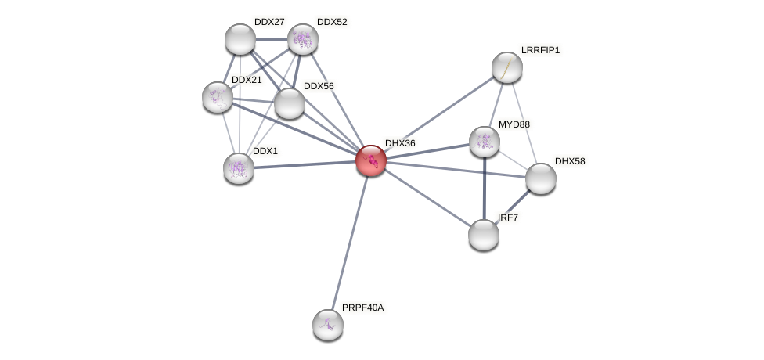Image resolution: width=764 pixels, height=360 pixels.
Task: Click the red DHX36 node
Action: tap(371, 160)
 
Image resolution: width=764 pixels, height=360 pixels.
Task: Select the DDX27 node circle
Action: tap(240, 39)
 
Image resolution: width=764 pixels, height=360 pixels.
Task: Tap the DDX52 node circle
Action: tap(303, 39)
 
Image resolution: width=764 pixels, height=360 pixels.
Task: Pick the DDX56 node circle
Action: tap(290, 103)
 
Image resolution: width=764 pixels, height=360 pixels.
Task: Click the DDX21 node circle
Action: tap(218, 97)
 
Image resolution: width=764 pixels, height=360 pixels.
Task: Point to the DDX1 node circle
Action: tap(239, 168)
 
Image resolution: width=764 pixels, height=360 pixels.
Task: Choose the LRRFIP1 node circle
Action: tap(507, 67)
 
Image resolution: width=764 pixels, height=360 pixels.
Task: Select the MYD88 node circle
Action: tap(485, 142)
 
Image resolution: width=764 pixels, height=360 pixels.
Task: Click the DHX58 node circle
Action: tap(541, 178)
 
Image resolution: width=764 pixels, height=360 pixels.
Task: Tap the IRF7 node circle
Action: tap(484, 235)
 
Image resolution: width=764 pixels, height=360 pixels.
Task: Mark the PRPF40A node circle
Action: tap(328, 325)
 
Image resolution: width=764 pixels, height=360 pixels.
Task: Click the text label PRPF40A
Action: tap(362, 308)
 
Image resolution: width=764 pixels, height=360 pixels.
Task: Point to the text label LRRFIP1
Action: tap(540, 50)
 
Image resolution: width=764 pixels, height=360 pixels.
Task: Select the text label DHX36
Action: tap(400, 143)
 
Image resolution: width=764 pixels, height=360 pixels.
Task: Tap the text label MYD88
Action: tap(514, 124)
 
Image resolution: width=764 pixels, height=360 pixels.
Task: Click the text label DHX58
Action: tap(569, 161)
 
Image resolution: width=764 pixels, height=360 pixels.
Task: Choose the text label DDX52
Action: tap(331, 22)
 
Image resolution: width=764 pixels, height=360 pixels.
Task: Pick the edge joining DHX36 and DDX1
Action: tap(305, 164)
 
